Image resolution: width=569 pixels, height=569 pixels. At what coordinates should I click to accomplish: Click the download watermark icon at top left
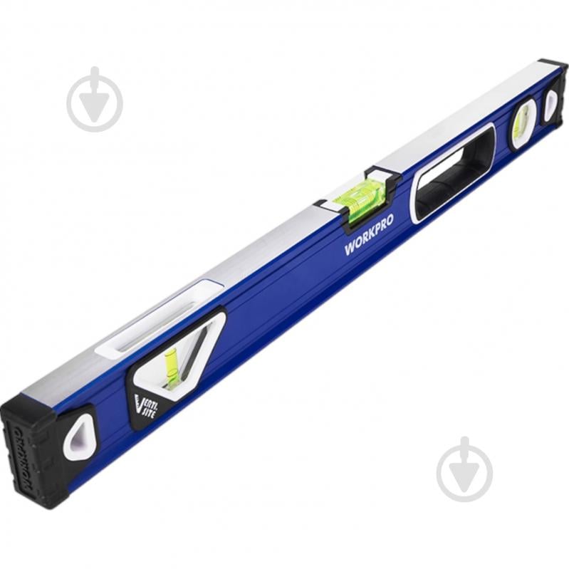click(x=94, y=100)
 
